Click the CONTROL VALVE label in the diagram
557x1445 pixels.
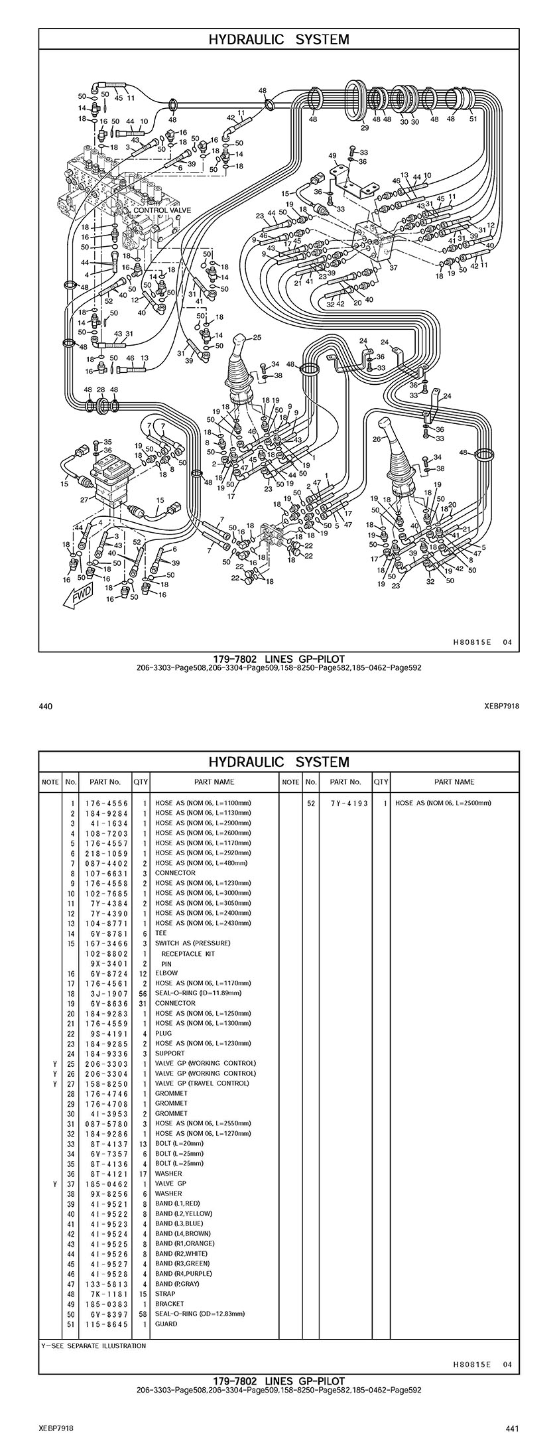point(162,210)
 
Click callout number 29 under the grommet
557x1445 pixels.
point(365,128)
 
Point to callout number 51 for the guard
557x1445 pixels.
point(473,120)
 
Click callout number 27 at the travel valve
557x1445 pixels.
point(84,500)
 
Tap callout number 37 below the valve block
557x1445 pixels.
point(393,268)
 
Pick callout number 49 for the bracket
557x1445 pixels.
point(333,156)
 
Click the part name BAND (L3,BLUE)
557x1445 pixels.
point(179,1223)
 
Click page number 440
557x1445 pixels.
point(46,707)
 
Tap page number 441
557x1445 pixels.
point(511,1427)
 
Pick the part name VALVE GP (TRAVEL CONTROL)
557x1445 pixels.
point(202,1083)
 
